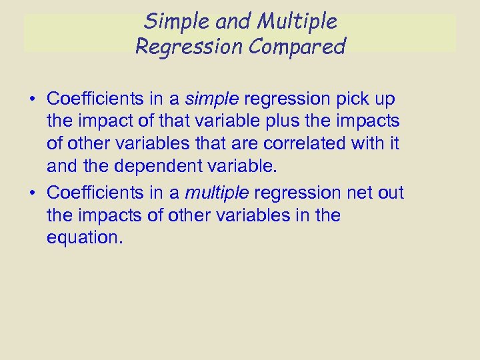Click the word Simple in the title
pos(171,22)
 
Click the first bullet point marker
pos(32,100)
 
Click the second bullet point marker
pos(32,193)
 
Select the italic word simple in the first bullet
pos(212,99)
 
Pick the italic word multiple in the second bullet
pos(217,193)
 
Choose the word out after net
pos(390,193)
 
